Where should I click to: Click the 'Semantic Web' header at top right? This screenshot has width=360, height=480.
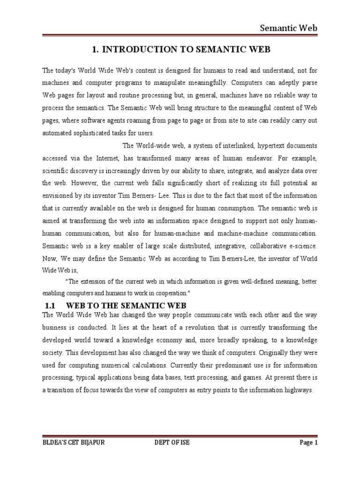289,28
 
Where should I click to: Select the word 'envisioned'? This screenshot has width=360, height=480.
58,195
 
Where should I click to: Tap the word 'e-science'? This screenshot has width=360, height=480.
301,245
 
